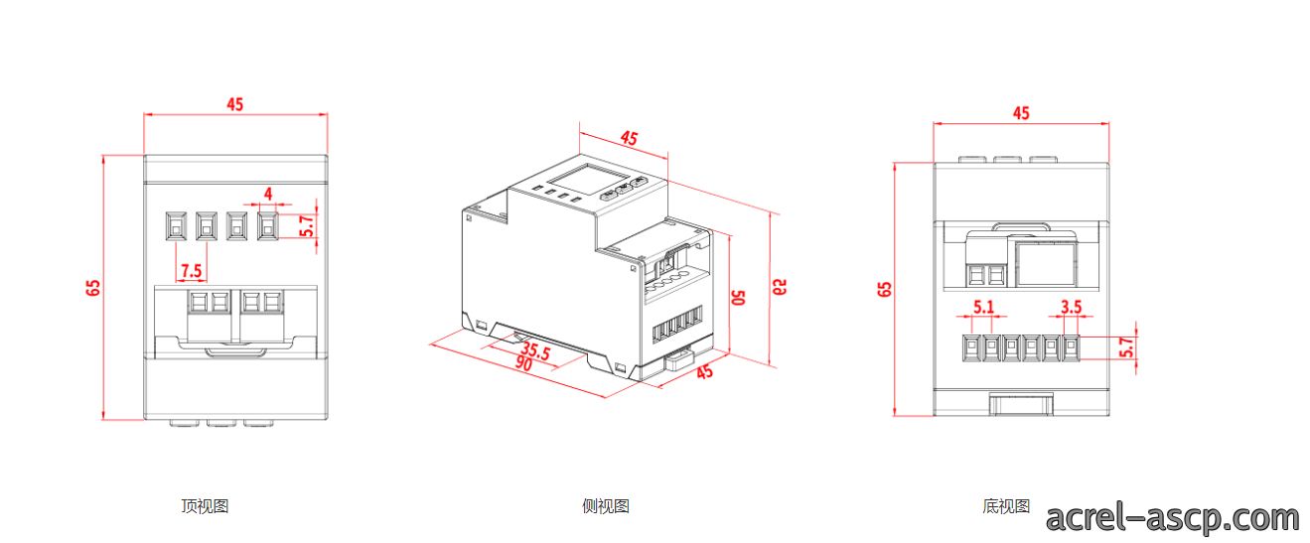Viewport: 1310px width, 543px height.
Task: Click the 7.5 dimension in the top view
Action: pyautogui.click(x=192, y=271)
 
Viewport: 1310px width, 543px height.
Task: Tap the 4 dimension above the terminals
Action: pyautogui.click(x=268, y=194)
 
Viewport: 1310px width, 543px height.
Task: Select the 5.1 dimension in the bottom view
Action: pyautogui.click(x=983, y=307)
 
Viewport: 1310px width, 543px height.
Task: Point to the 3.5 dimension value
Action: pyautogui.click(x=1072, y=307)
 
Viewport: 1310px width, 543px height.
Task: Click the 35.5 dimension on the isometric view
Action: pyautogui.click(x=535, y=351)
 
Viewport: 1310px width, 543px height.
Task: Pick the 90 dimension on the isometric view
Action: pyautogui.click(x=523, y=363)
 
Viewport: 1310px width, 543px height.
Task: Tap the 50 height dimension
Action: pyautogui.click(x=739, y=298)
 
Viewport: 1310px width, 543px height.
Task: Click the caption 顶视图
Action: pyautogui.click(x=205, y=505)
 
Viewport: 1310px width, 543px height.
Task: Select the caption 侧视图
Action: pyautogui.click(x=605, y=505)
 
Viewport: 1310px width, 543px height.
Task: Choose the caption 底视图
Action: pyautogui.click(x=1006, y=505)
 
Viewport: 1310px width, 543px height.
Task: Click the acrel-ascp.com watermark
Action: pyautogui.click(x=1172, y=518)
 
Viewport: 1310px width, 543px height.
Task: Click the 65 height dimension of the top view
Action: pyautogui.click(x=93, y=288)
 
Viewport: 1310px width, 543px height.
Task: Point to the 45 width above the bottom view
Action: pyautogui.click(x=1021, y=113)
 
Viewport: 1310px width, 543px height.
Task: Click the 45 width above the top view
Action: pyautogui.click(x=235, y=104)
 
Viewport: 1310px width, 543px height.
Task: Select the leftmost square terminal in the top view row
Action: pyautogui.click(x=176, y=226)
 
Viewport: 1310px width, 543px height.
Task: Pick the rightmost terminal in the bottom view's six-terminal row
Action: pyautogui.click(x=1071, y=347)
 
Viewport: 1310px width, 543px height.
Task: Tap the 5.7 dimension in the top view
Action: pyautogui.click(x=307, y=225)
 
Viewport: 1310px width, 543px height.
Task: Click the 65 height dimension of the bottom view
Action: pyautogui.click(x=884, y=289)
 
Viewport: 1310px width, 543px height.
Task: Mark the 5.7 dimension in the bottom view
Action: pyautogui.click(x=1126, y=347)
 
